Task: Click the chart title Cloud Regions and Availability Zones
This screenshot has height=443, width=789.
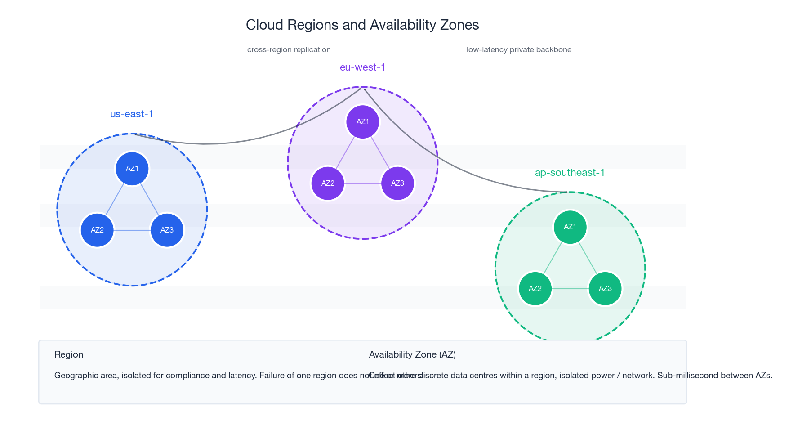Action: [x=362, y=25]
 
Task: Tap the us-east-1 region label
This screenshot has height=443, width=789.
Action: [x=132, y=114]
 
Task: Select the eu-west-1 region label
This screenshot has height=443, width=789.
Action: [x=363, y=67]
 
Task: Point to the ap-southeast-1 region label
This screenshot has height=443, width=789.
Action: [x=570, y=173]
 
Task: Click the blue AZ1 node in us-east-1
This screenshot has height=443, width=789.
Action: [x=132, y=169]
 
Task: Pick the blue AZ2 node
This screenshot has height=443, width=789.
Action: [x=97, y=230]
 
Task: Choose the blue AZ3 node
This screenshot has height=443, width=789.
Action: [x=167, y=230]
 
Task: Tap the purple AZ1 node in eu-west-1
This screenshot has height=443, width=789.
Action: [x=363, y=122]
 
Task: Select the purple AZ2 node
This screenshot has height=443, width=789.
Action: [x=328, y=183]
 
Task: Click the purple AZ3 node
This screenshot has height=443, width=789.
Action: [x=397, y=183]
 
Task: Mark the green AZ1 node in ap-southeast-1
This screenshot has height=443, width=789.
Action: [x=570, y=227]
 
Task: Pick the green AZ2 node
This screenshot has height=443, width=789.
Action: [x=535, y=289]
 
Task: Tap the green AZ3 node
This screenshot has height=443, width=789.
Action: [x=605, y=289]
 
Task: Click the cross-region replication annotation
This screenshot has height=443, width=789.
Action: [x=289, y=50]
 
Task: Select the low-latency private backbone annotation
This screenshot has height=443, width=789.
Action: [x=519, y=50]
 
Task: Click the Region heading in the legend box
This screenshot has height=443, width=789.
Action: [x=69, y=354]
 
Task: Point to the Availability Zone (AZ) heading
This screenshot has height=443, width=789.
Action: [x=412, y=354]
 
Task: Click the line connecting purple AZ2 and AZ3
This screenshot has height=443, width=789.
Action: [x=363, y=183]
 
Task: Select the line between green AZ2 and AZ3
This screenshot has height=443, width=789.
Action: [x=570, y=289]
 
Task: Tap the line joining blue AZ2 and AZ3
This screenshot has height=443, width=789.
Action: [x=132, y=230]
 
